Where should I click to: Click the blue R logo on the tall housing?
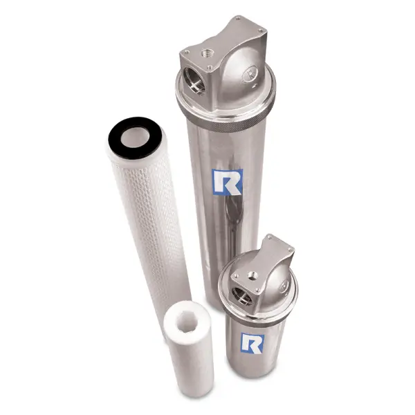click(225, 181)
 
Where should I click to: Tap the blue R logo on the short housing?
click(251, 342)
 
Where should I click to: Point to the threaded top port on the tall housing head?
click(207, 53)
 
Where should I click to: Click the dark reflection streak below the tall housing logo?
click(234, 221)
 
